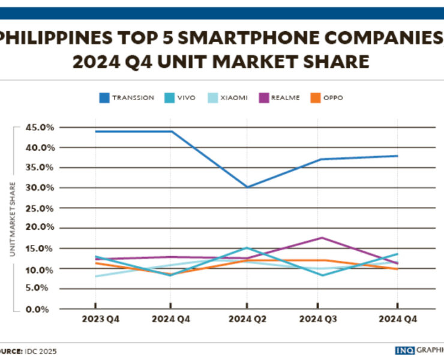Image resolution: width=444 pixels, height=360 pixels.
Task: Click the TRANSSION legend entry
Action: [x=125, y=97]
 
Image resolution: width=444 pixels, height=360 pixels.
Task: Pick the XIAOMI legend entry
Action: [x=230, y=97]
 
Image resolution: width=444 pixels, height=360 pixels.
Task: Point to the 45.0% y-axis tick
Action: [x=39, y=127]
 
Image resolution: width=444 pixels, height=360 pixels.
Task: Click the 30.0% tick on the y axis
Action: [x=39, y=187]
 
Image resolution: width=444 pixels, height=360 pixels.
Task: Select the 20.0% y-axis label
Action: [x=39, y=227]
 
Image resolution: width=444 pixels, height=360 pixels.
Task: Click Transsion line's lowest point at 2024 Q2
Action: [x=246, y=187]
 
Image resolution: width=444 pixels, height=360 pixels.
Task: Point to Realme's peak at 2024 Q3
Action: [x=322, y=238]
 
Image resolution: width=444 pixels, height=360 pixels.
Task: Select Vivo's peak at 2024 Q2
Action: [x=246, y=247]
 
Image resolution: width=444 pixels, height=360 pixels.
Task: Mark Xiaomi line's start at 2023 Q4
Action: [x=96, y=276]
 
